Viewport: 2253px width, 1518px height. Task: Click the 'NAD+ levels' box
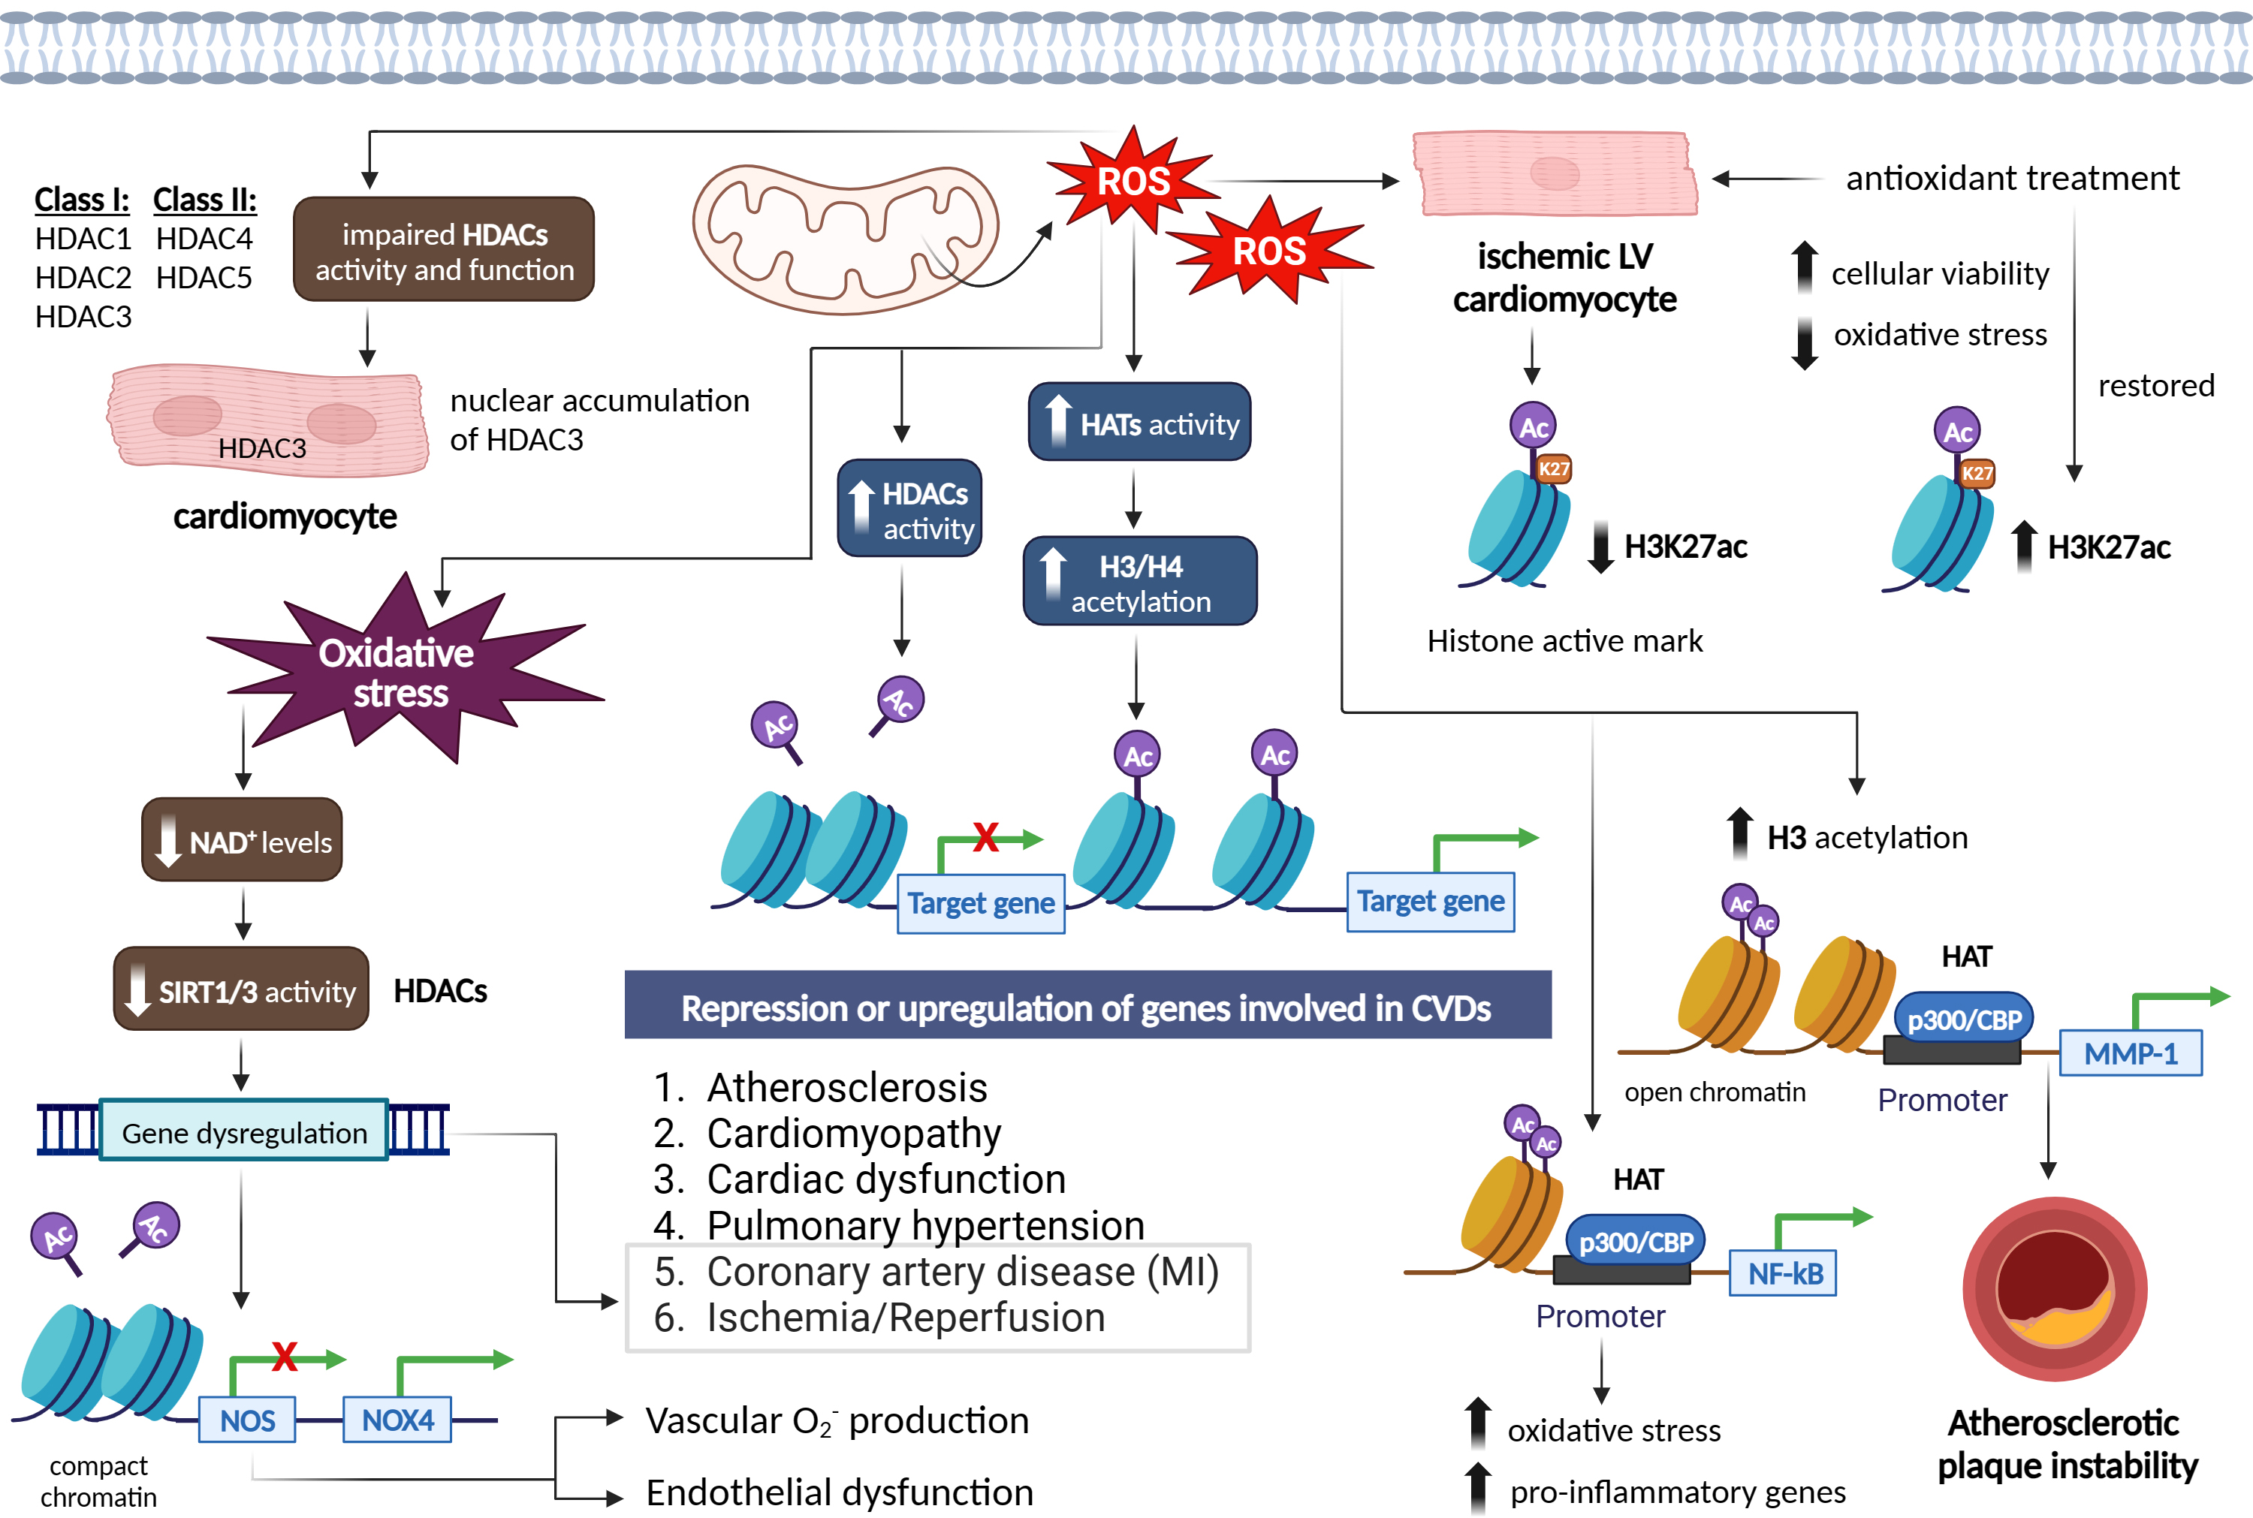(x=242, y=840)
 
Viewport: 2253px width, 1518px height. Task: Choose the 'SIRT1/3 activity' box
(x=241, y=989)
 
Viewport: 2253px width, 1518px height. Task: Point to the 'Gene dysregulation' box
(x=244, y=1131)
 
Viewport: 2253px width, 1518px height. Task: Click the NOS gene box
(x=247, y=1419)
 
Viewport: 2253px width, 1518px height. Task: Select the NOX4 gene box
(x=397, y=1419)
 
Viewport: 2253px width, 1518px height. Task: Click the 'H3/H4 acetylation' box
(x=1139, y=582)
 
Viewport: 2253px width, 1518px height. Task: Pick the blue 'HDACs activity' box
(x=909, y=509)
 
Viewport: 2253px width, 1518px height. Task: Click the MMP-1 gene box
(x=2129, y=1053)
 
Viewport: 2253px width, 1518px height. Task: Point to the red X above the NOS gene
(x=285, y=1357)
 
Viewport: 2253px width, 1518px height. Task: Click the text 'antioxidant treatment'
(x=2012, y=178)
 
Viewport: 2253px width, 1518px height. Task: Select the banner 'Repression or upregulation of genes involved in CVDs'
(x=1087, y=1007)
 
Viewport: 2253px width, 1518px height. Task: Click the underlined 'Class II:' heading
(x=205, y=200)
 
